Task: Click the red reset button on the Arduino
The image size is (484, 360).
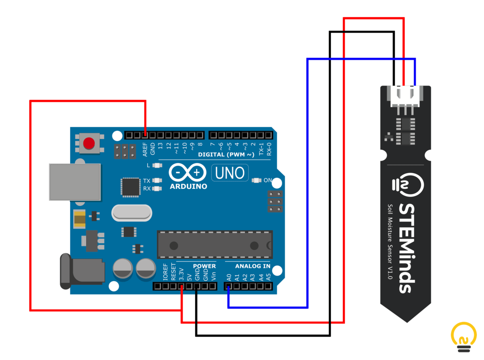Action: tap(89, 143)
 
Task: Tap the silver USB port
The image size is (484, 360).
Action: tap(75, 182)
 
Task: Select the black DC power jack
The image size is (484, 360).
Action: tap(82, 271)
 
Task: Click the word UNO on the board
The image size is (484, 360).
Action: tap(229, 173)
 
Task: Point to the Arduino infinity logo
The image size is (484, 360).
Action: tap(188, 172)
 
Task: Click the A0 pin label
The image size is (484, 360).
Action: tap(229, 277)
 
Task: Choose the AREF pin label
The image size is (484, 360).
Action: tap(145, 149)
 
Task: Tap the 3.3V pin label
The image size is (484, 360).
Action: tap(181, 274)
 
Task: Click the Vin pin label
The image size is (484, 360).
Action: tap(213, 276)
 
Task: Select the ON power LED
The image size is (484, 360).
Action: tap(257, 180)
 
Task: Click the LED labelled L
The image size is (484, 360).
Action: tap(157, 165)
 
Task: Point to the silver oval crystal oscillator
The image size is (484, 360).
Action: tap(131, 213)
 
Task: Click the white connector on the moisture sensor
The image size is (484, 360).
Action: tap(405, 96)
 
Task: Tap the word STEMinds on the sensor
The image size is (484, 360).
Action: tap(406, 248)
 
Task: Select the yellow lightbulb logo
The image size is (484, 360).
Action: tap(464, 337)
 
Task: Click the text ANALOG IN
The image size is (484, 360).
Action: tap(253, 266)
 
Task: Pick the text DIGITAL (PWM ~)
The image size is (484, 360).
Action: tap(226, 155)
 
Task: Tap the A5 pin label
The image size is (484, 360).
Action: tap(268, 277)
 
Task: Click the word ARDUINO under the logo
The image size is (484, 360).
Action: tap(188, 186)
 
